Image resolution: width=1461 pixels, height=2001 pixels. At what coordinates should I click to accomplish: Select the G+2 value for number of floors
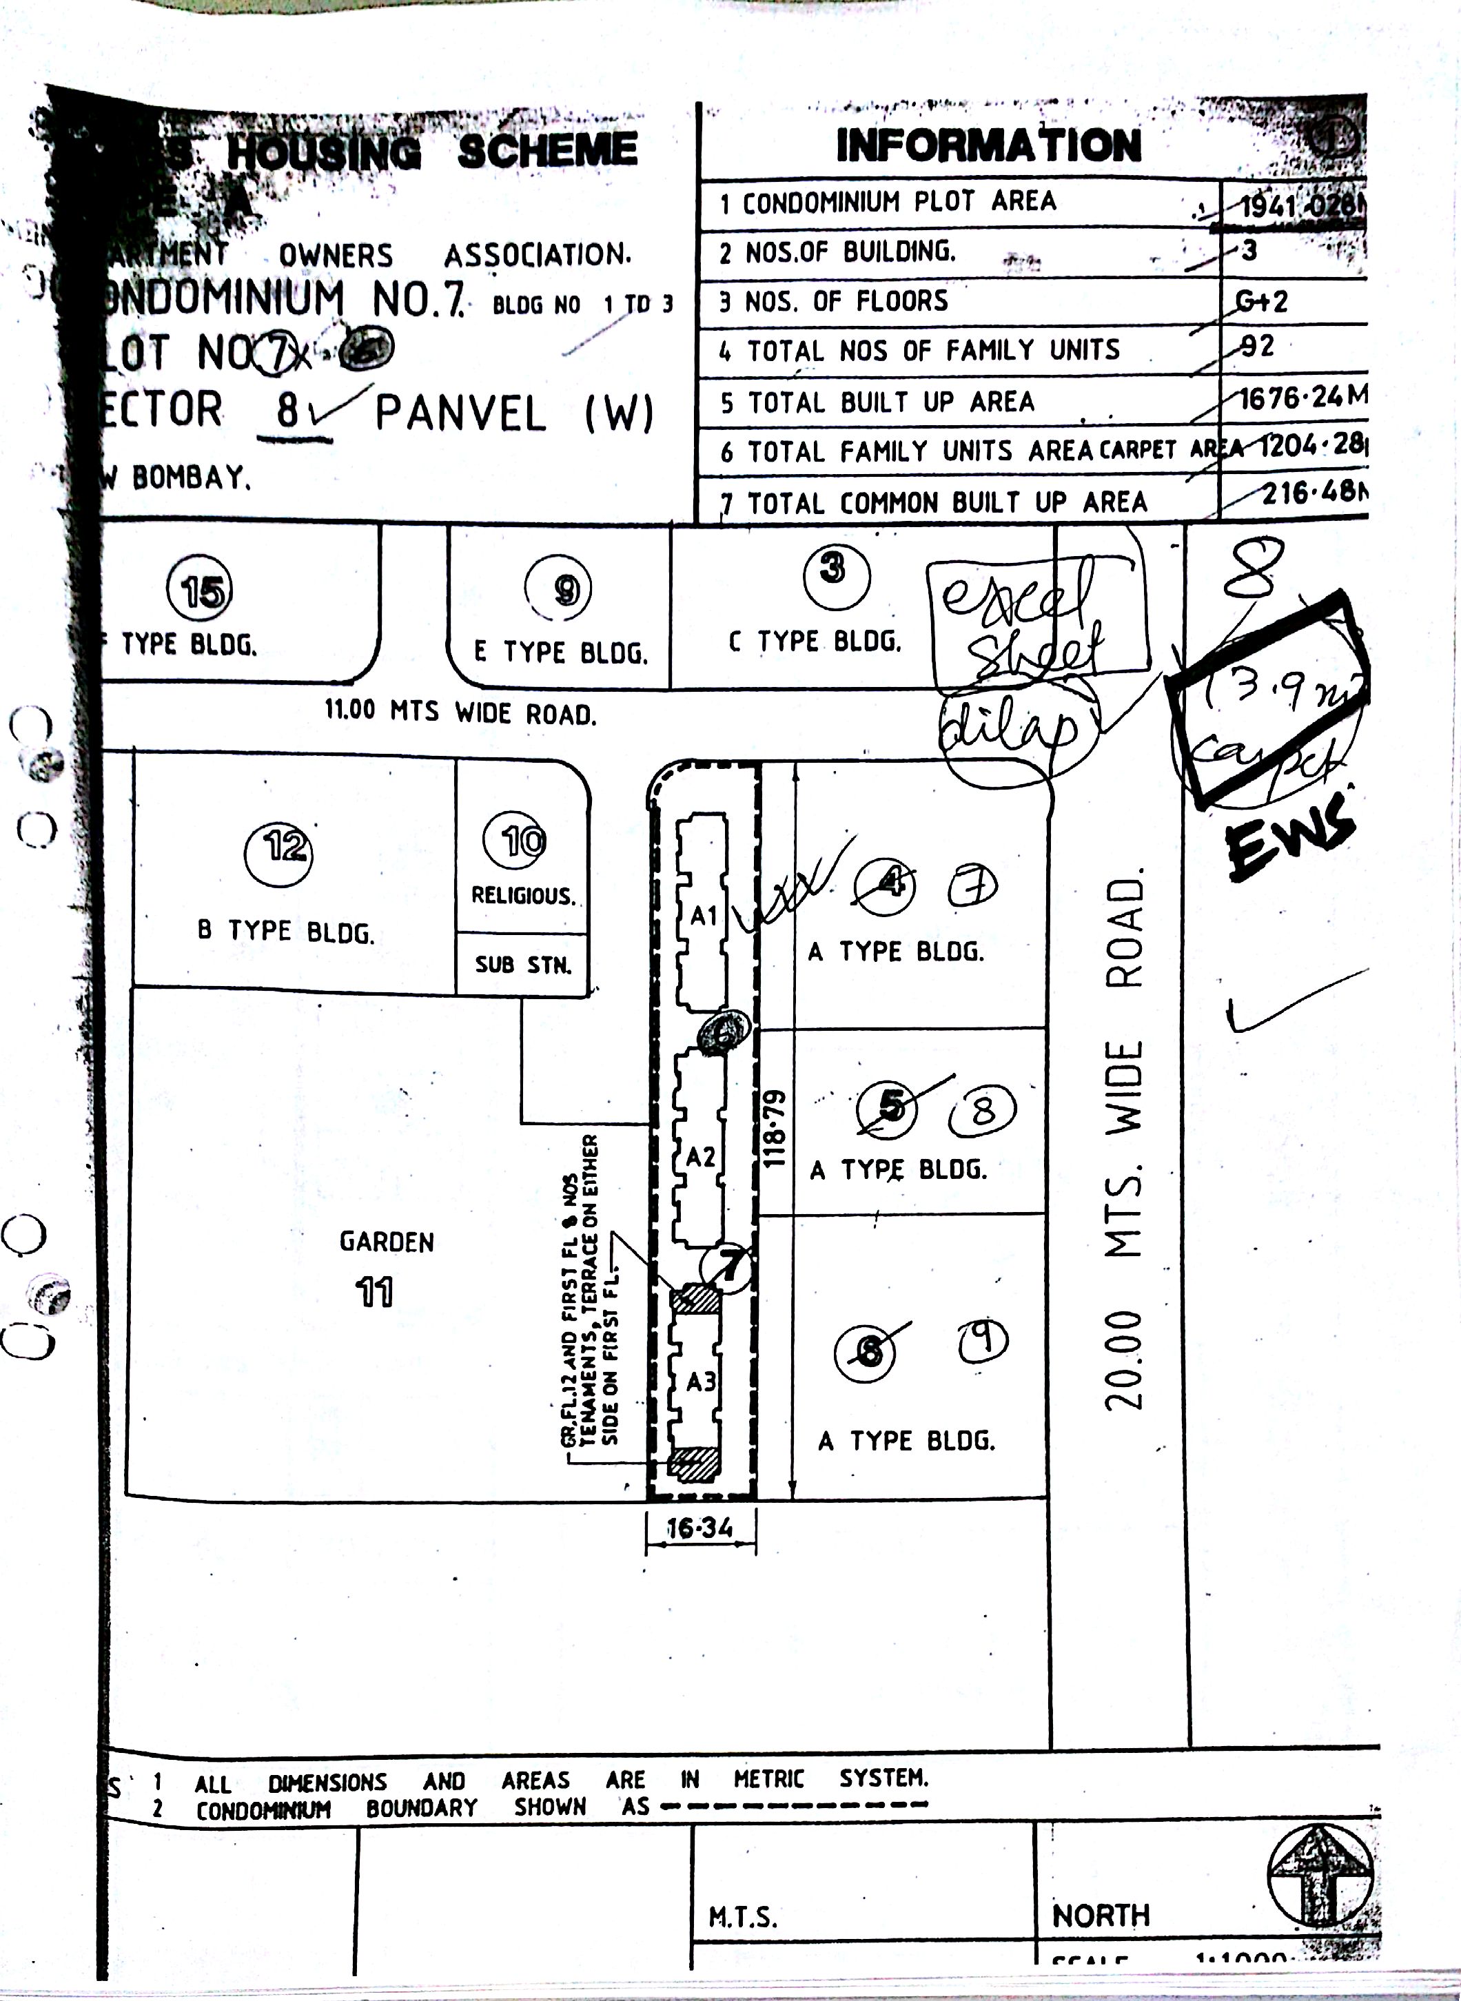pos(1261,302)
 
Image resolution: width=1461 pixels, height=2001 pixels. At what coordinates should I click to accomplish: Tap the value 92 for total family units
pos(1257,347)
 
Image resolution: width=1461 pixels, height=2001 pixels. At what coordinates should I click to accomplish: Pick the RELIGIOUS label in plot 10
pos(522,896)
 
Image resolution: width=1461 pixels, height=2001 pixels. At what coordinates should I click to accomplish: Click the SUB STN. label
pos(522,964)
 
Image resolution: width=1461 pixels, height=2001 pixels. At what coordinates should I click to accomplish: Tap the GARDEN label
pos(387,1242)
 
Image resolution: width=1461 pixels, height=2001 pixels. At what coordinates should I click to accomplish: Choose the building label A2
pos(700,1156)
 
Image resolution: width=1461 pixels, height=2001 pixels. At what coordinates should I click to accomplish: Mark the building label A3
pos(700,1381)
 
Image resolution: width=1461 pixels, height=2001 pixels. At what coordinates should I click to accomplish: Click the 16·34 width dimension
pos(699,1528)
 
